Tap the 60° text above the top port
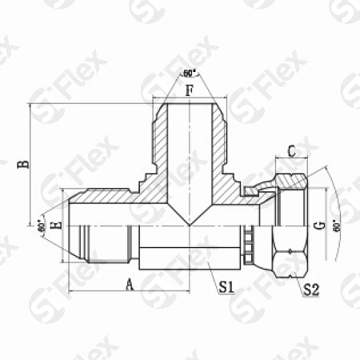(190, 74)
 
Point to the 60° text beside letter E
(41, 226)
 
